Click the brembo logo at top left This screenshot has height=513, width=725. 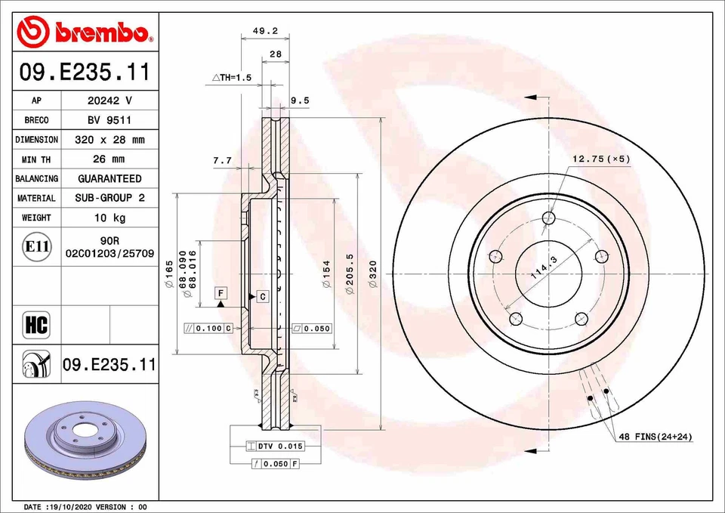click(x=85, y=32)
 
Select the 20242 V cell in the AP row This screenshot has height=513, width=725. click(x=109, y=100)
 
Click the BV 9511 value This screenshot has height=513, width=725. click(x=109, y=120)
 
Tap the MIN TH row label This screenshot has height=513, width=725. click(x=36, y=159)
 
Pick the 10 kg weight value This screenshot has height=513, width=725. click(x=109, y=218)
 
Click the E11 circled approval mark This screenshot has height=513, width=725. click(x=36, y=247)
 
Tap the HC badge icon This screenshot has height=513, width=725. click(x=36, y=326)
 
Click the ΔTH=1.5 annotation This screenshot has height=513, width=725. click(x=231, y=78)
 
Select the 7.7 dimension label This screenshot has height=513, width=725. click(x=222, y=160)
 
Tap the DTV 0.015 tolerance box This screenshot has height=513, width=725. click(x=276, y=447)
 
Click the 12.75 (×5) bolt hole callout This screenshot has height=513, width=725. click(x=600, y=159)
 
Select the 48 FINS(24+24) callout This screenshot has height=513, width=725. click(x=655, y=437)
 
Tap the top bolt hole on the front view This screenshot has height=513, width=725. click(x=549, y=219)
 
